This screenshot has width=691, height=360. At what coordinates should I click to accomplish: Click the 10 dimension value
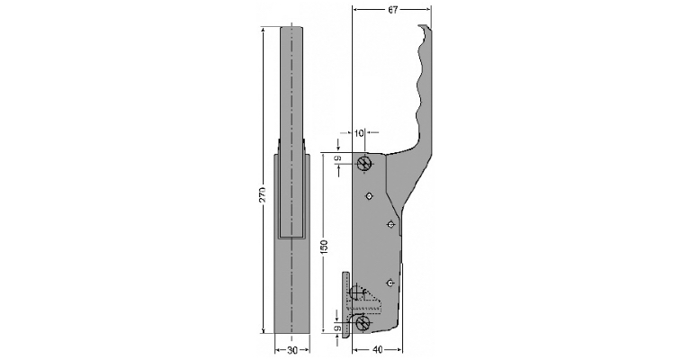(x=359, y=133)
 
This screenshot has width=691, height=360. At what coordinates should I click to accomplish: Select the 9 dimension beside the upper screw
(x=337, y=159)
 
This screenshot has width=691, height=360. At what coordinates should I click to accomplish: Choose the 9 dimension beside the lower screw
(x=337, y=329)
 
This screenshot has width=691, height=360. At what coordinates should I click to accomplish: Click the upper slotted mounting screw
(x=364, y=163)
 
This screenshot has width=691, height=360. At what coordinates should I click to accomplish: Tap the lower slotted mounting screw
(x=363, y=322)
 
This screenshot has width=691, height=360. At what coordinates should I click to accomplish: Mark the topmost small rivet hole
(x=369, y=195)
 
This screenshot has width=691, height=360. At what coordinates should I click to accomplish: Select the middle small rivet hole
(x=390, y=223)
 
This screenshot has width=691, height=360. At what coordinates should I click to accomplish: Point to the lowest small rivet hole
(x=390, y=283)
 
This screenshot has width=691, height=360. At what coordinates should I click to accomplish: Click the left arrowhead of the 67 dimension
(x=355, y=9)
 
